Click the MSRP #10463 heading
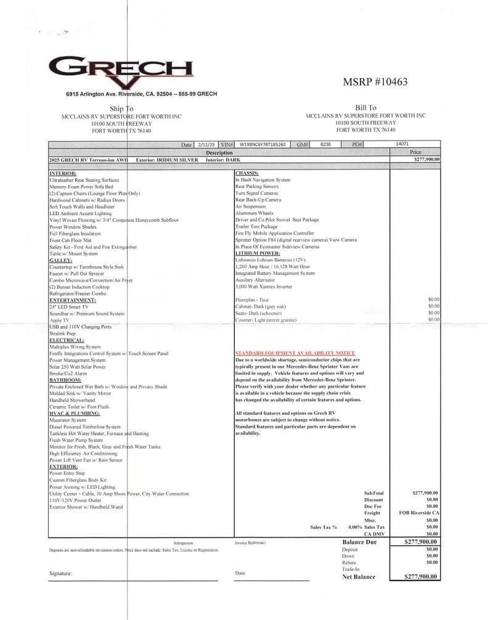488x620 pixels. point(375,82)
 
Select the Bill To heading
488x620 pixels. point(365,108)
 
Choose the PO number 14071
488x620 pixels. point(402,144)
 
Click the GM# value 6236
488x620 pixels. point(325,144)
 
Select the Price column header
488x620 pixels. point(415,152)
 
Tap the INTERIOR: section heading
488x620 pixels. point(63,173)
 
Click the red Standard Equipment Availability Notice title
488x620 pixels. point(295,353)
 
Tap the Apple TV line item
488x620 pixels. point(59,320)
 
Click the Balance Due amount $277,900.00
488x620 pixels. point(420,542)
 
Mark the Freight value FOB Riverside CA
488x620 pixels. point(419,513)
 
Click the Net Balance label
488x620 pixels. point(359,577)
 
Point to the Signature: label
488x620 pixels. point(60,573)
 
